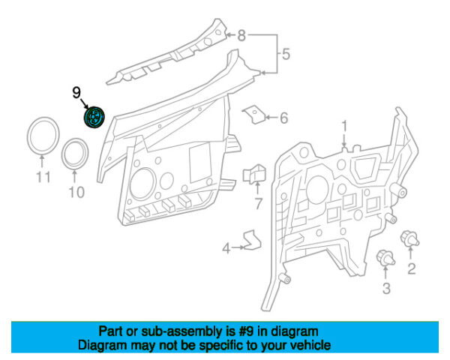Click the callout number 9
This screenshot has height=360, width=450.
[x=76, y=92]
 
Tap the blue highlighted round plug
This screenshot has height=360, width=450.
[x=94, y=118]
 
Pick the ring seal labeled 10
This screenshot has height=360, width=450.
[x=76, y=154]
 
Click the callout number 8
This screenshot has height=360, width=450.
[x=241, y=34]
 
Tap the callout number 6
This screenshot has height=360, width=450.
[x=284, y=118]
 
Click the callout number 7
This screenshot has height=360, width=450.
[x=257, y=204]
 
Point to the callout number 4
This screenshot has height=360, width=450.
[x=226, y=248]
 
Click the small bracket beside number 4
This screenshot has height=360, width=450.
[x=250, y=239]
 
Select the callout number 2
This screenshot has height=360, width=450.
[x=411, y=268]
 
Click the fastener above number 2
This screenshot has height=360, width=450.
[x=410, y=239]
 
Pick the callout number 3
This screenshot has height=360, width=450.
[x=385, y=288]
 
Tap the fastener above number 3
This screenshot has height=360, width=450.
[x=385, y=258]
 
